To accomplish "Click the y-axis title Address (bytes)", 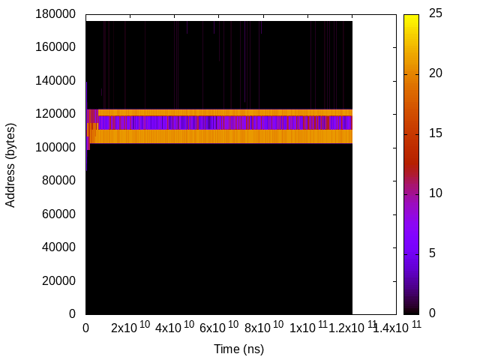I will [10, 164].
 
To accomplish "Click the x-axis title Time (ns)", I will [238, 349].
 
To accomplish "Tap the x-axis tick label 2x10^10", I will [130, 328].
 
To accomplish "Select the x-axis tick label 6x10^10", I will [219, 328].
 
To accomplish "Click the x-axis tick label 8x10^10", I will [263, 328].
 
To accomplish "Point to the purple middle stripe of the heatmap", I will [225, 122].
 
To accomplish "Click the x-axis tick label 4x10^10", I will [175, 328].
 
